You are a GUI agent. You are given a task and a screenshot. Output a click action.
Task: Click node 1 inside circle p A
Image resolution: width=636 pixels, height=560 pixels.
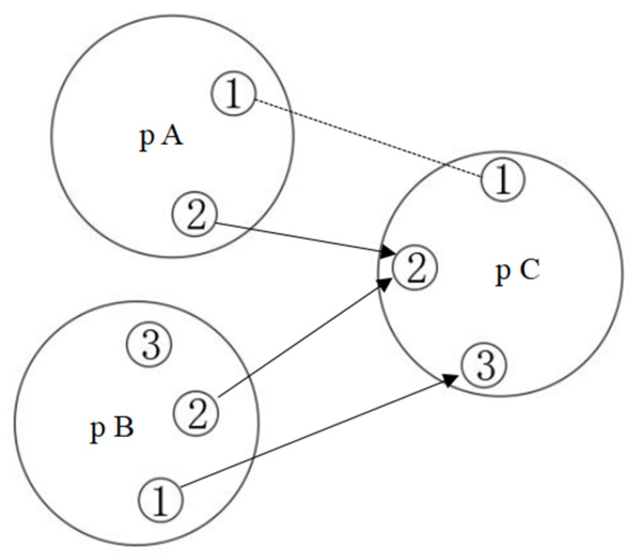(x=232, y=95)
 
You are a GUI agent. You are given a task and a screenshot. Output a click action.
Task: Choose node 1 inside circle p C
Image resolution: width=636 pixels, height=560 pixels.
(x=502, y=180)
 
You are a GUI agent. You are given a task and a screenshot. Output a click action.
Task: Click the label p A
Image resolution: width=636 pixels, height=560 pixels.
(x=161, y=137)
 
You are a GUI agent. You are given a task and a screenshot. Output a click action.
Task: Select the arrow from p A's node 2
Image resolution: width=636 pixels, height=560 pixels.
(x=302, y=238)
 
